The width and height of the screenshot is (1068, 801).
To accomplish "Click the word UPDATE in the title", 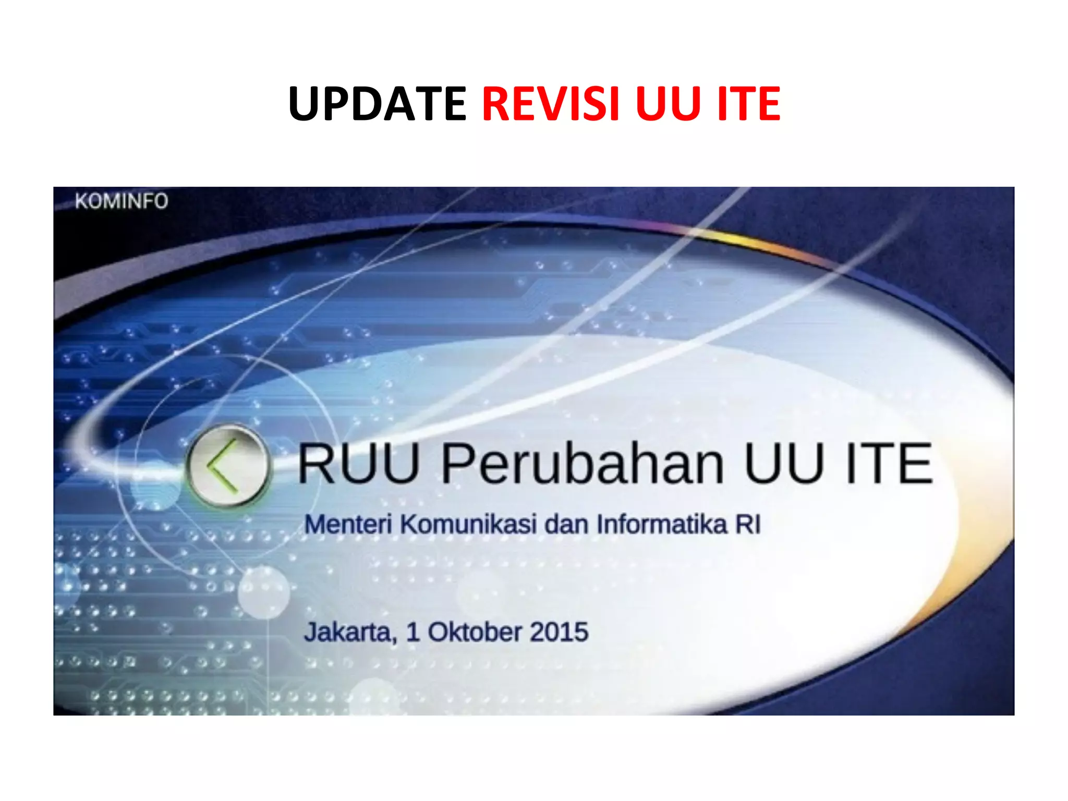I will point(377,104).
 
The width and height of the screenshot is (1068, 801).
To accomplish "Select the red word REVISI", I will point(551,104).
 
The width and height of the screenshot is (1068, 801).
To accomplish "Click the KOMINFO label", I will point(122,201).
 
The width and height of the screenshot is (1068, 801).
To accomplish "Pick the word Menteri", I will point(348,524).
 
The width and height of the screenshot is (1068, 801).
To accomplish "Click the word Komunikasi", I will point(468,524).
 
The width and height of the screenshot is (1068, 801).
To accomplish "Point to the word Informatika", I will point(662,524).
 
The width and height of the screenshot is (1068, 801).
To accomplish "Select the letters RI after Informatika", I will point(748,524).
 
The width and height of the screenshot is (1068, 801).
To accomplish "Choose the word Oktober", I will point(475,632).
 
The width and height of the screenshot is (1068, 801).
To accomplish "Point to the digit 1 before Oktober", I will point(413,632).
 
